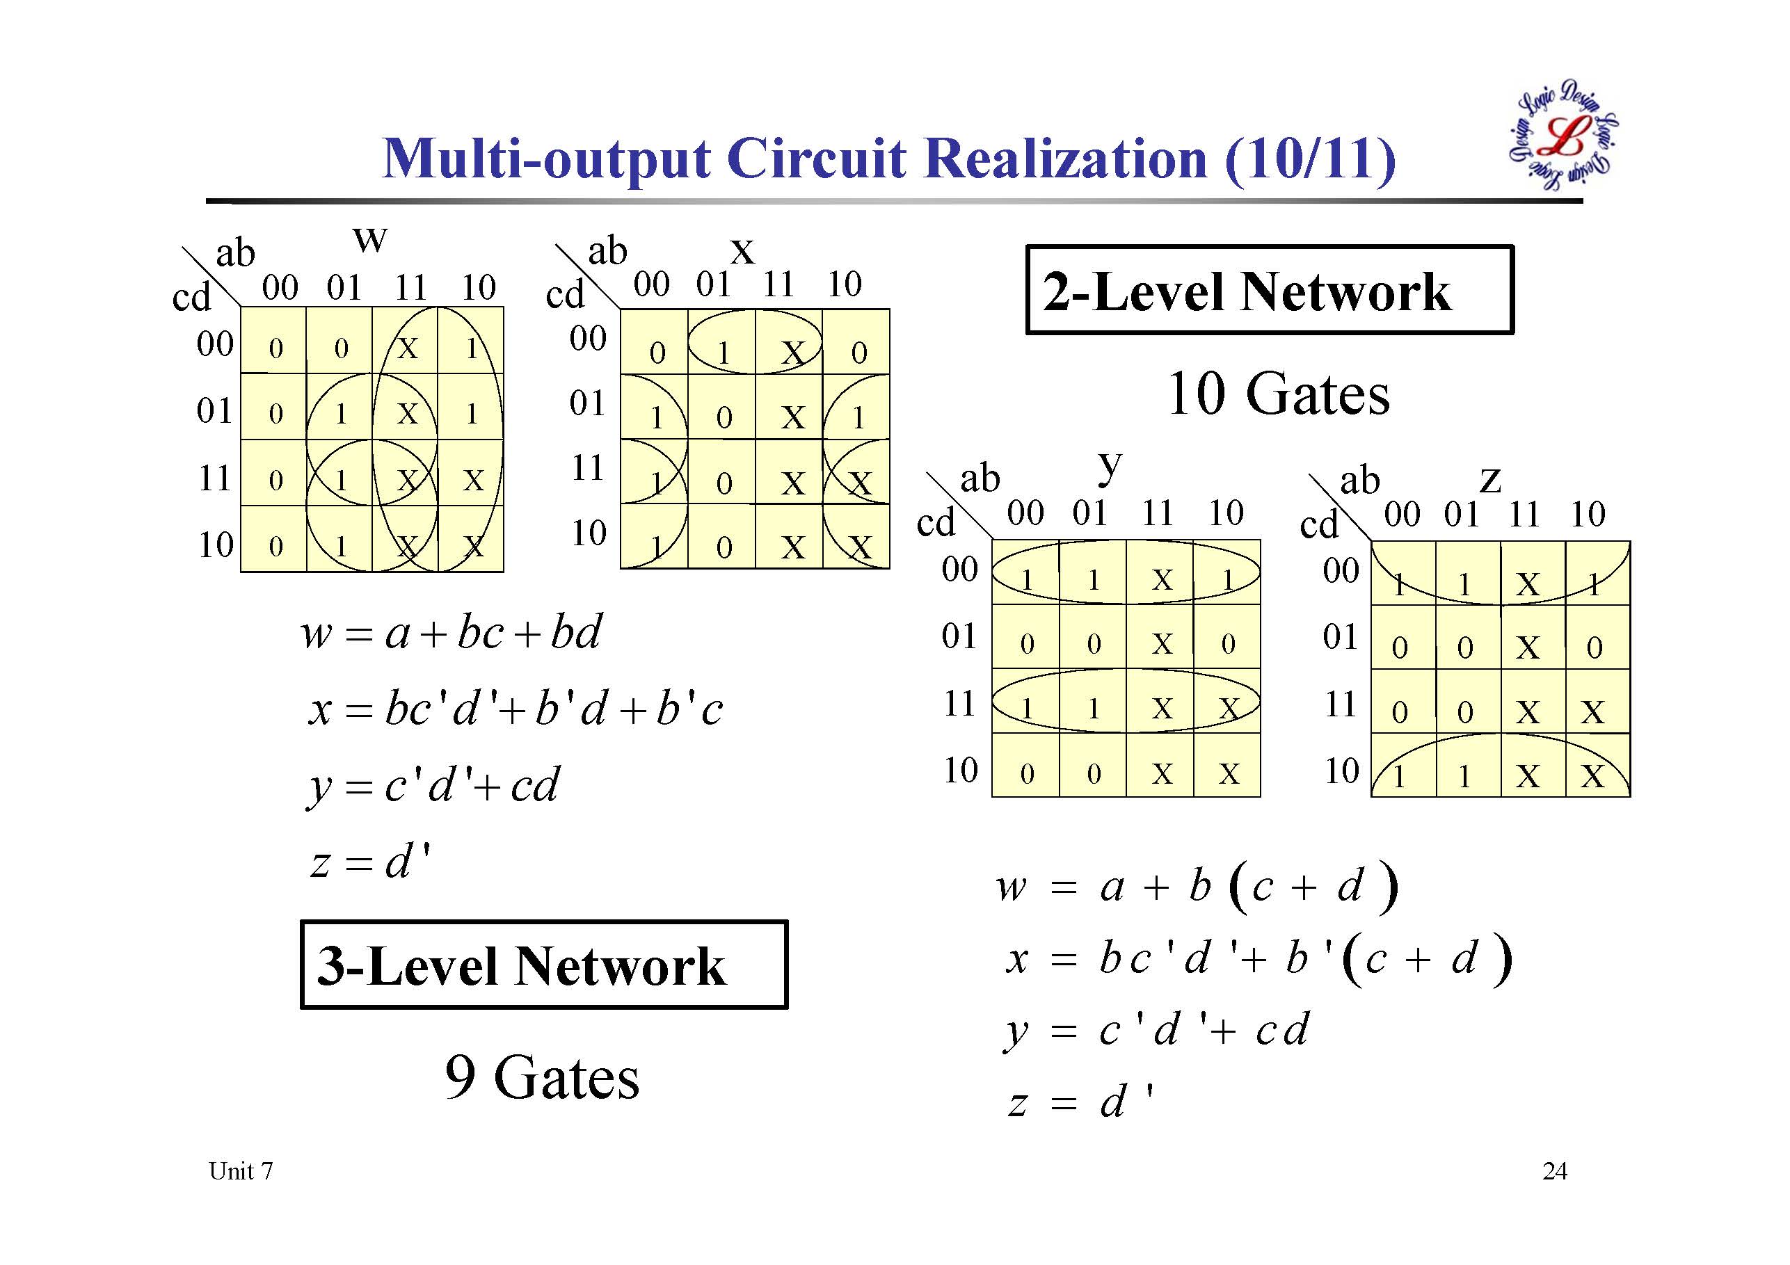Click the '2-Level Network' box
tap(1268, 290)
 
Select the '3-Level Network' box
tap(543, 965)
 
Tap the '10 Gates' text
tap(1278, 394)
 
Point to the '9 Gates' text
tap(542, 1077)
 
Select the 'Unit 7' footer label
tap(241, 1170)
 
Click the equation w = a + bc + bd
tap(452, 631)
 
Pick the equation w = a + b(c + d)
tap(1197, 887)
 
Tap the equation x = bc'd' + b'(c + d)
tap(1256, 959)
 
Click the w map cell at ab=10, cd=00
tap(471, 348)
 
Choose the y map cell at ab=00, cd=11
tap(1026, 708)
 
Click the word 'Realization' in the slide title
tap(1068, 159)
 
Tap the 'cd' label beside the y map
tap(936, 522)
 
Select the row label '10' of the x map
tap(589, 533)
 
